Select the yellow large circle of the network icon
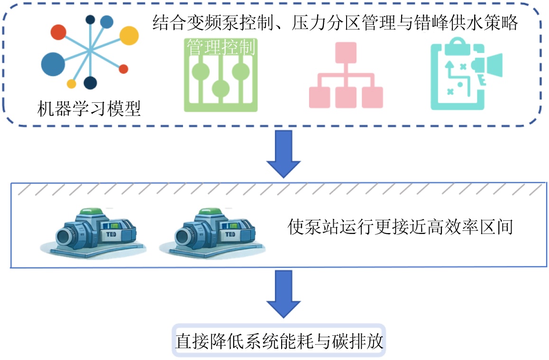[128, 36]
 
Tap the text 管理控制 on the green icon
[220, 47]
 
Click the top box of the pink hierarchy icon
[346, 52]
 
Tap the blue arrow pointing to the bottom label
[284, 294]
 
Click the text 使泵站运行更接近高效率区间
[401, 227]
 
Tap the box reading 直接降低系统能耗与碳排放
[279, 341]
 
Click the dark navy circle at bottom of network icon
[90, 83]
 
